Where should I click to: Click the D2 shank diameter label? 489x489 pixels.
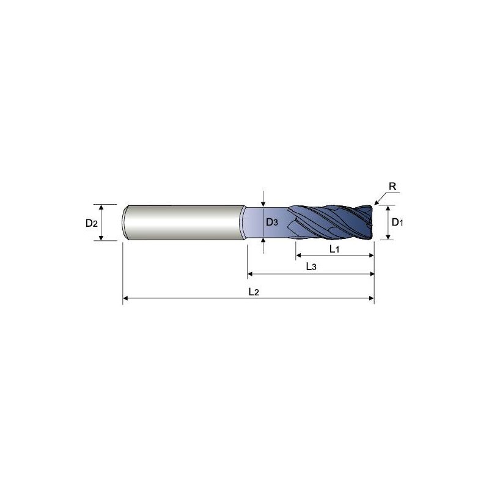[x=91, y=223]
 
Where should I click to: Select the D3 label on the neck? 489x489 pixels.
[x=271, y=222]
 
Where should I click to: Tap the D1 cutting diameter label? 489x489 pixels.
[x=397, y=222]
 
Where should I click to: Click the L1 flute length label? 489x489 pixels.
[x=334, y=249]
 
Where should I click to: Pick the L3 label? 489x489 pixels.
[x=311, y=267]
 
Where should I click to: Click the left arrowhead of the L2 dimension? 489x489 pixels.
[x=127, y=299]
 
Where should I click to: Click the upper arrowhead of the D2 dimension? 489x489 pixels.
[x=102, y=207]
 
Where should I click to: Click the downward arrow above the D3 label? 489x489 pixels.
[x=263, y=202]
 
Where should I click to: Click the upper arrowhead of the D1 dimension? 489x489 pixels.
[x=387, y=208]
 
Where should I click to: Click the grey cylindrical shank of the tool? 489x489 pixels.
[x=183, y=222]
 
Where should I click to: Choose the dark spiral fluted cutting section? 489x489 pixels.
[x=330, y=222]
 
